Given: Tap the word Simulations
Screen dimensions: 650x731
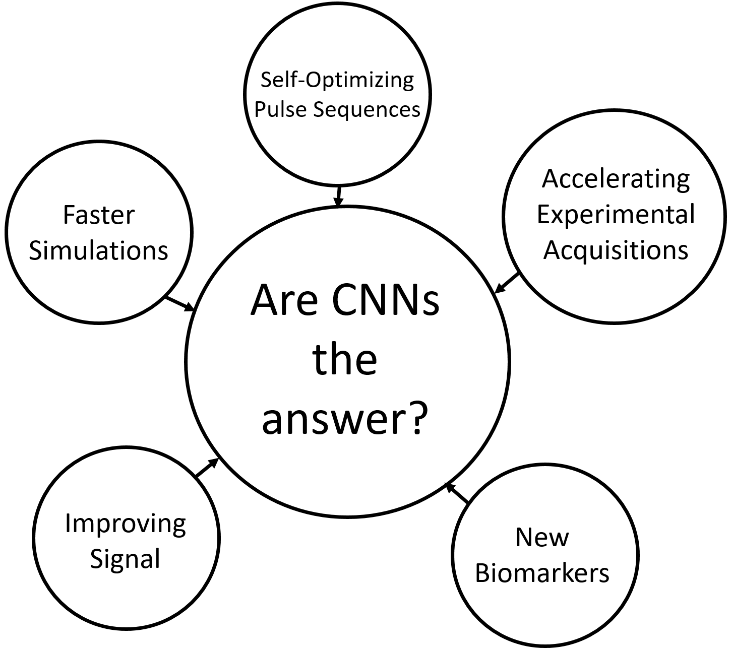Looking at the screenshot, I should click(x=98, y=250).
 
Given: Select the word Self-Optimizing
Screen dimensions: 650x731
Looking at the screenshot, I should click(x=337, y=80).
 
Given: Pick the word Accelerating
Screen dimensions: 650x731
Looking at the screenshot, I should click(x=616, y=179).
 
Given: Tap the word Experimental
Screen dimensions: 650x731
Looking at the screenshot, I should click(x=616, y=215).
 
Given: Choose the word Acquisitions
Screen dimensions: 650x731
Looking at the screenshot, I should click(x=616, y=250).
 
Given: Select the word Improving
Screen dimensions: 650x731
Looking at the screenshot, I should click(x=126, y=524).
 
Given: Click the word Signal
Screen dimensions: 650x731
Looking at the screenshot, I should click(x=125, y=558).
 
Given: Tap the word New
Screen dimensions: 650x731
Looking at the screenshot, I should click(x=542, y=538).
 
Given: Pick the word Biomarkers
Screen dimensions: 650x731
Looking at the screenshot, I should click(x=542, y=573).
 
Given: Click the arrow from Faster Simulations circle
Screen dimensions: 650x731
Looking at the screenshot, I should click(x=180, y=303).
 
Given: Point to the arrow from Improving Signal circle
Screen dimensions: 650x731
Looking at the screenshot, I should click(x=206, y=468).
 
